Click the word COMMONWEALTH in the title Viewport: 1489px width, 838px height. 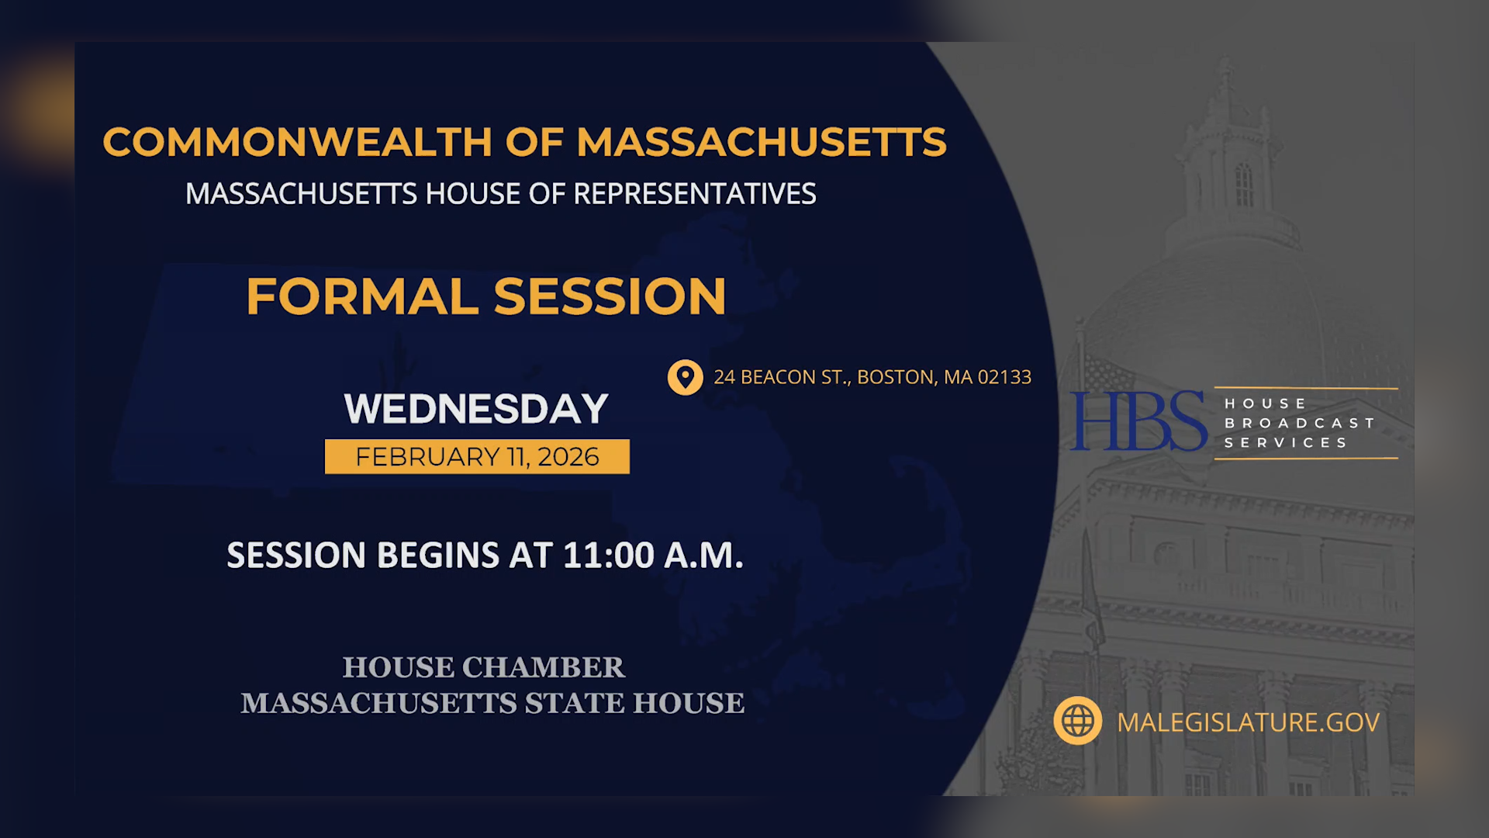tap(297, 143)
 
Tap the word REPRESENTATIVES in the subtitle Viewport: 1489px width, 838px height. tap(694, 194)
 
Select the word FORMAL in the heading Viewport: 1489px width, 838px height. tap(362, 297)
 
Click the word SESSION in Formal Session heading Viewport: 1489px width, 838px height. tap(610, 297)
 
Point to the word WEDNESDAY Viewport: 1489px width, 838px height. tap(476, 409)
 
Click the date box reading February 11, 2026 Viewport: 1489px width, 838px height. tap(477, 457)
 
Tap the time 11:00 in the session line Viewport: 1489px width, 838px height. tap(609, 556)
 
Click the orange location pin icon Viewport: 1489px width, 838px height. tap(685, 378)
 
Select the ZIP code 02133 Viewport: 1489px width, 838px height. tap(1004, 377)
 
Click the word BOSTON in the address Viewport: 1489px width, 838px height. tap(896, 377)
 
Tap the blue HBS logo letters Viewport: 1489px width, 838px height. tap(1138, 421)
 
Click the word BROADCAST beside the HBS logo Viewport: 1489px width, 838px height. tap(1300, 423)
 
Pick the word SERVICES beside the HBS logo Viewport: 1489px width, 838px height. tap(1286, 442)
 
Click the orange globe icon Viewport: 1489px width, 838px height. tap(1077, 721)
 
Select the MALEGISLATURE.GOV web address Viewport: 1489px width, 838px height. tap(1248, 722)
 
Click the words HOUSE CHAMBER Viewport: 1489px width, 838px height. tap(484, 667)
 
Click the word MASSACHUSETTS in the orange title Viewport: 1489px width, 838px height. tap(761, 143)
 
